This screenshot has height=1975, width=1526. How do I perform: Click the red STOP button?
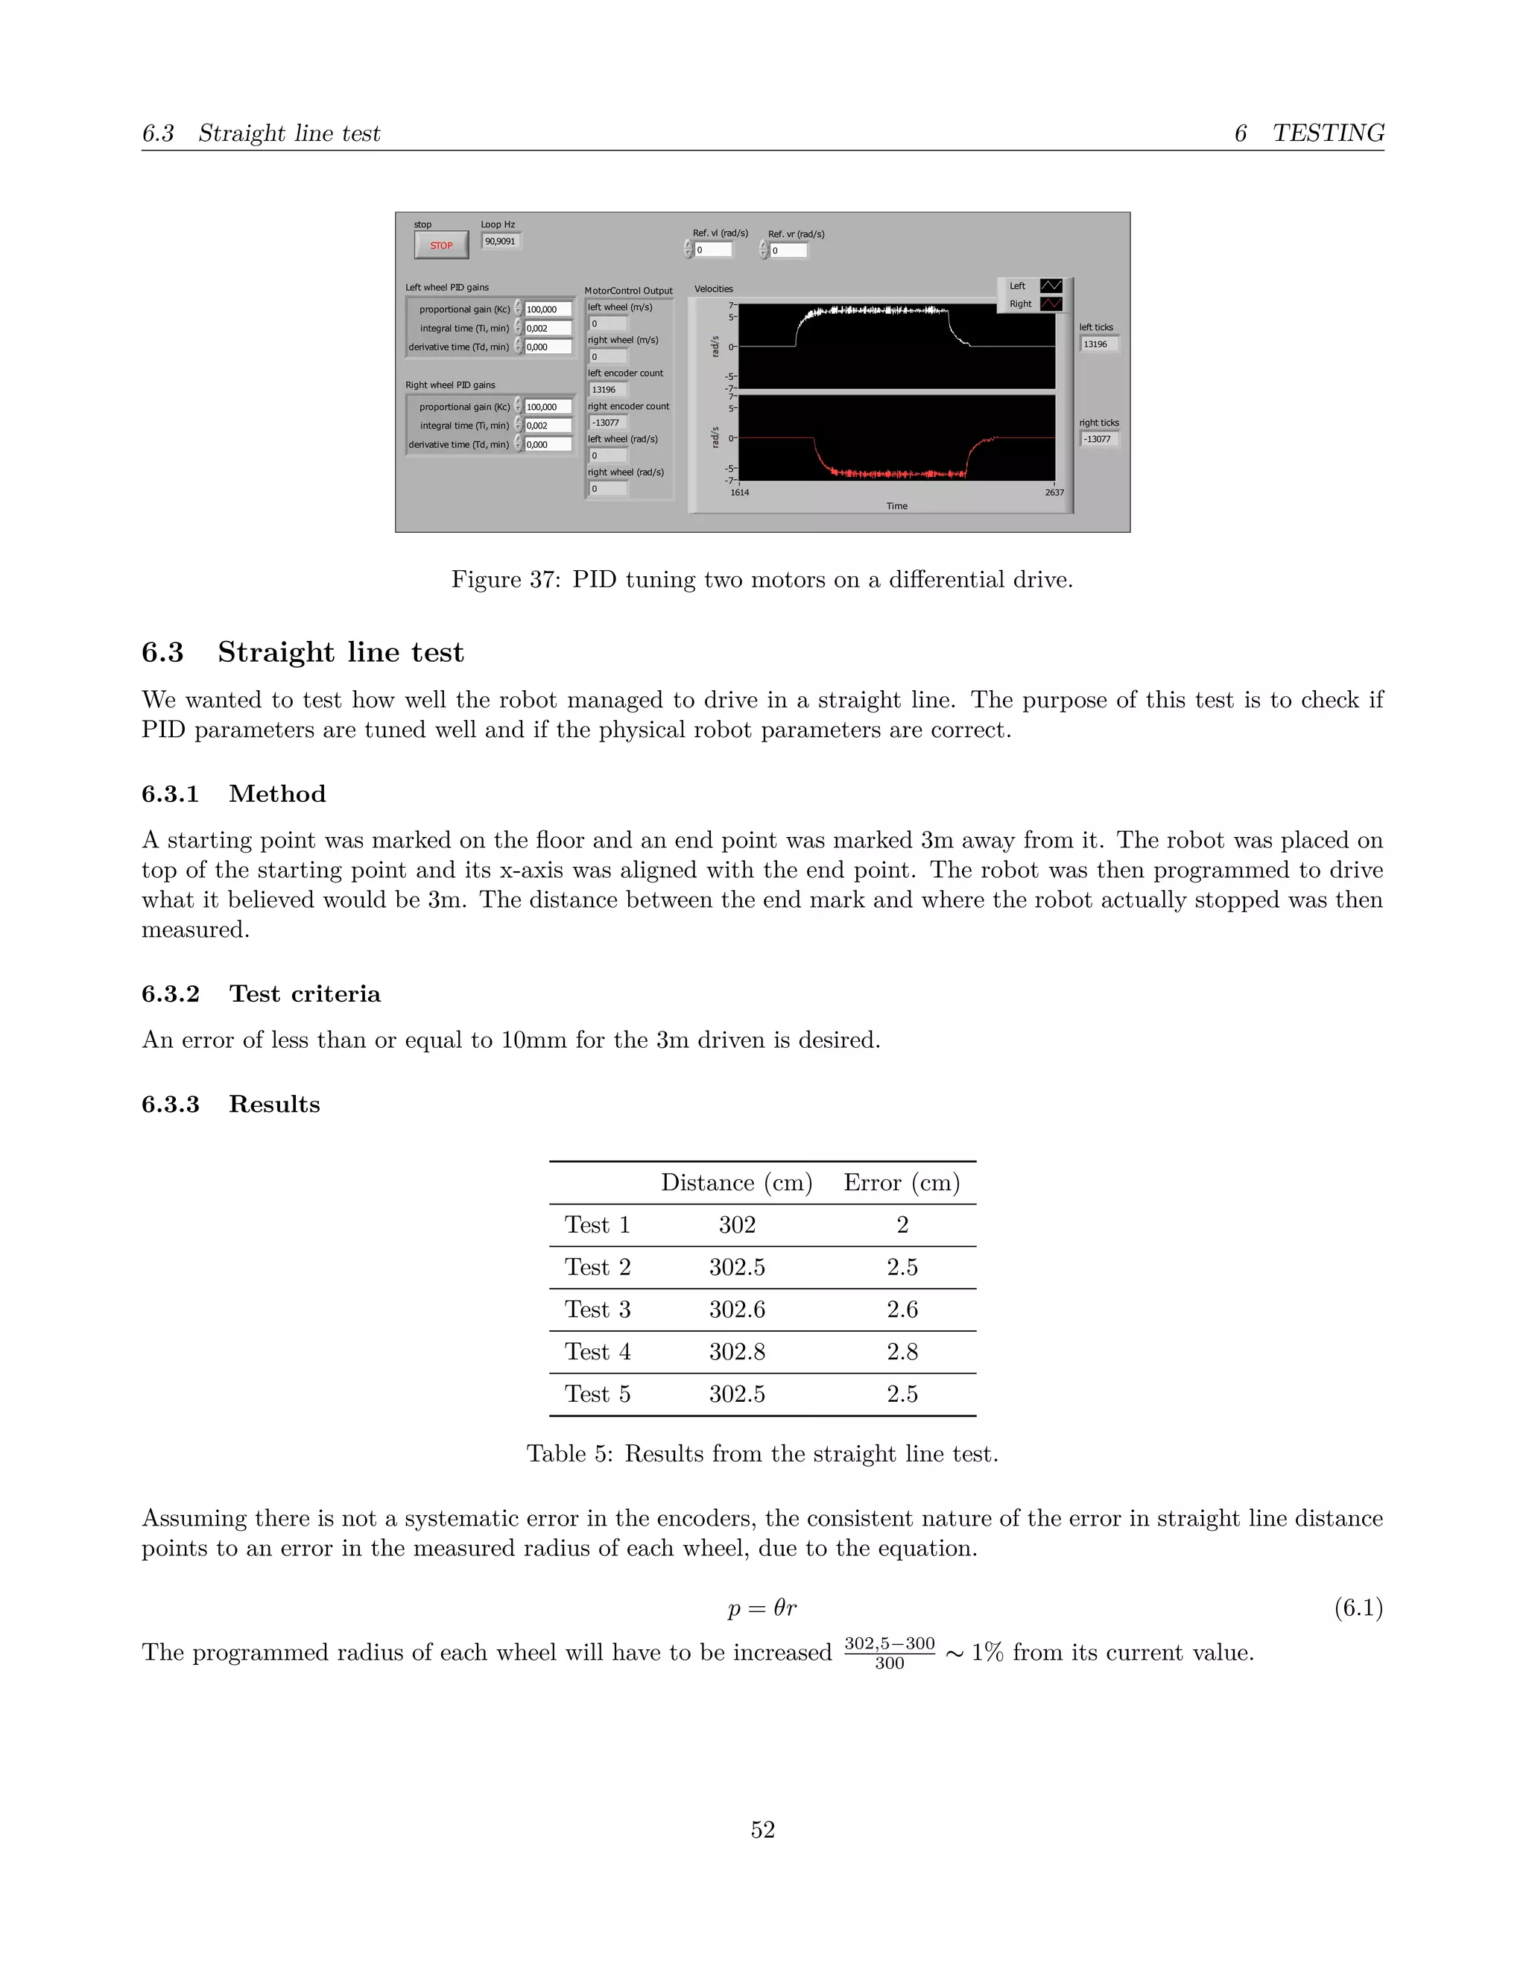(441, 245)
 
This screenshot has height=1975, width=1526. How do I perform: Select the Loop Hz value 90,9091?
(500, 241)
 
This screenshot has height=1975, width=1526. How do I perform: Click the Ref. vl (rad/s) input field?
(712, 250)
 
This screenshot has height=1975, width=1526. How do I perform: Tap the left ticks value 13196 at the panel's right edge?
(1098, 344)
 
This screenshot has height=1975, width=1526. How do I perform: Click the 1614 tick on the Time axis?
(739, 493)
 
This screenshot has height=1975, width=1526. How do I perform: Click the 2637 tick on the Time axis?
(1054, 493)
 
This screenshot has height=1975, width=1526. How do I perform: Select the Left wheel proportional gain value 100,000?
(547, 309)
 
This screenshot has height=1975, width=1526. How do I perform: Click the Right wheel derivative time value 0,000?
(547, 445)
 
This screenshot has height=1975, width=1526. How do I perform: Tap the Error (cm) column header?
(902, 1183)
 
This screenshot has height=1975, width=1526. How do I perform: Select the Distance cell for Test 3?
(737, 1309)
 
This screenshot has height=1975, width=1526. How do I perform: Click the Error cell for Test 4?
(902, 1352)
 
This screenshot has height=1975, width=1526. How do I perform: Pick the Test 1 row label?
(597, 1225)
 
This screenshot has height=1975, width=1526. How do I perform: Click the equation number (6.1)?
(1358, 1607)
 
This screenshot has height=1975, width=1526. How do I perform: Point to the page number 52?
(762, 1830)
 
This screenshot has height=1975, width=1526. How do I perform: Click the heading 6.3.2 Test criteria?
(262, 993)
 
